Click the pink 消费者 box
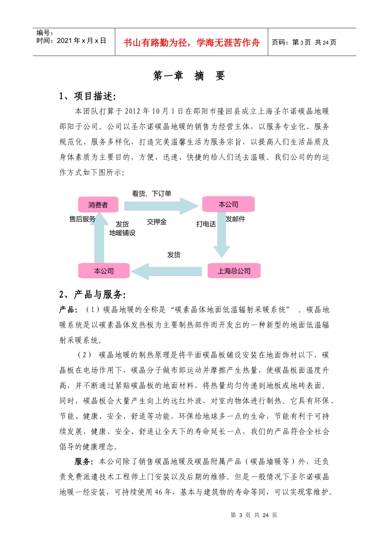pos(98,205)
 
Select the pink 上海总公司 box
pos(234,271)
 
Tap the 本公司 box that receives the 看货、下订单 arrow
pos(228,204)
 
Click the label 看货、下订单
pos(152,194)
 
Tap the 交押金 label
pos(157,222)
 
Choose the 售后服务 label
pos(82,219)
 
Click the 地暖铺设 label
pos(122,233)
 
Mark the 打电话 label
pos(206,224)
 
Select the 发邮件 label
pos(235,219)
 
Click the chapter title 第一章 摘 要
pos(189,76)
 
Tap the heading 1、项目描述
pos(88,96)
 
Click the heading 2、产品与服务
pos(93,294)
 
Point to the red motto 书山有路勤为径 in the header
pos(192,43)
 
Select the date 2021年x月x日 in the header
pos(71,41)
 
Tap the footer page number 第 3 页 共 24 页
pos(254,515)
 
